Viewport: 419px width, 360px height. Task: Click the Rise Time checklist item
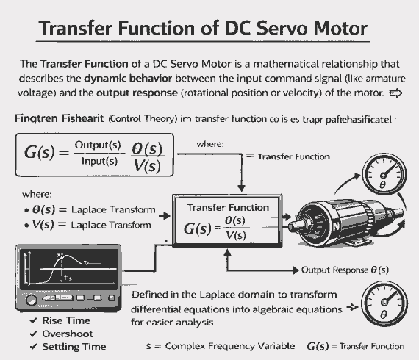pos(65,321)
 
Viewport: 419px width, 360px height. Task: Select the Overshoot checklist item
pos(67,334)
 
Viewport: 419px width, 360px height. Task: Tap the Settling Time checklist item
pos(74,347)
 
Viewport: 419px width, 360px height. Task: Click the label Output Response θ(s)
pos(345,270)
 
